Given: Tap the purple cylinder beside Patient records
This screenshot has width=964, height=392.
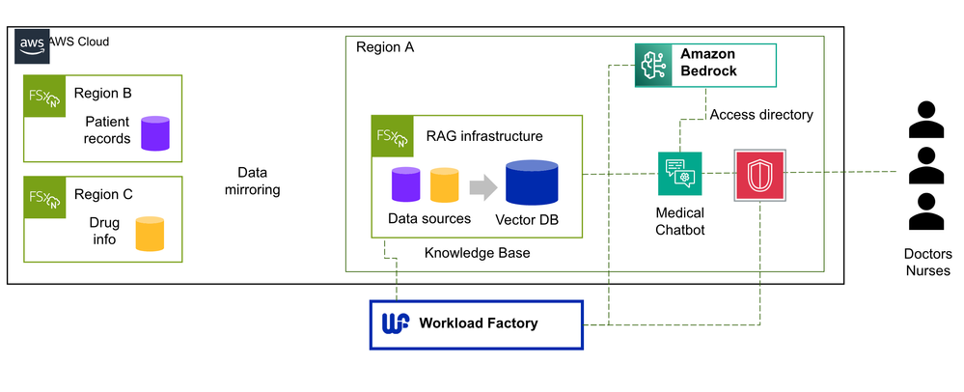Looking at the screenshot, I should click(155, 133).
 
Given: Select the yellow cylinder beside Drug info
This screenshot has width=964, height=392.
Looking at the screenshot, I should click(150, 234).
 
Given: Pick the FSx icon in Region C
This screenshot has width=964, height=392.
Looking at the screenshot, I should click(44, 201).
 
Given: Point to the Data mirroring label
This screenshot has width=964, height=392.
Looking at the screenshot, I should click(251, 181).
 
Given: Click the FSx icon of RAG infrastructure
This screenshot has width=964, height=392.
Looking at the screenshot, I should click(392, 136).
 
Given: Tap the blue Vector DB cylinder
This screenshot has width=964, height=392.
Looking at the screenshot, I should click(532, 182).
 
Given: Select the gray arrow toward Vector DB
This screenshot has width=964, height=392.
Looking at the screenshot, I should click(482, 184).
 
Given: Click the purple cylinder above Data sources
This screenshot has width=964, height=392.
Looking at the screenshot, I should click(406, 184).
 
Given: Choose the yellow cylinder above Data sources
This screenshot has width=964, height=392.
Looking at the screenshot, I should click(444, 184).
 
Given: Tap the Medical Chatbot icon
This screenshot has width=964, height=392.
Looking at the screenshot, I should click(679, 174).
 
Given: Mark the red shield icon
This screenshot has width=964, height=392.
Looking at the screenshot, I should click(759, 175).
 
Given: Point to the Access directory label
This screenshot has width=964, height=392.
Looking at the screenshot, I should click(761, 115).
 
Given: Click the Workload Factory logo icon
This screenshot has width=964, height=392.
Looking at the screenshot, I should click(396, 323).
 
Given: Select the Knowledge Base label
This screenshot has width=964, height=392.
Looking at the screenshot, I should click(477, 253).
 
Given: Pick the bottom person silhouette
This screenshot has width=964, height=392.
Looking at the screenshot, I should click(926, 212).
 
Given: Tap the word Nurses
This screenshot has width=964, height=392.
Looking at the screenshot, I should click(926, 271).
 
